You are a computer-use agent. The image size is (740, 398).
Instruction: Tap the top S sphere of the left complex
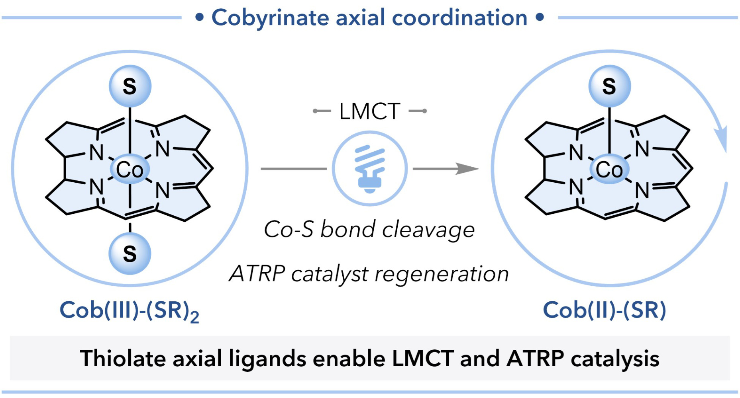pos(130,86)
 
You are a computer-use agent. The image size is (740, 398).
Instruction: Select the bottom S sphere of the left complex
pos(130,254)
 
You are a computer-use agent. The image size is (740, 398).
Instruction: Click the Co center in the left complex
pos(130,169)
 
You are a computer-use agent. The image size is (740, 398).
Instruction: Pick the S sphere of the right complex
pos(609,86)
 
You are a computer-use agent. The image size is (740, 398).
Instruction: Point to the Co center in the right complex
pos(609,169)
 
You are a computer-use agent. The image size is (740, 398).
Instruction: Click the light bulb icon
pos(370,168)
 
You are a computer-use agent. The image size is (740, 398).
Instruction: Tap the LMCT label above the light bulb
pos(369,111)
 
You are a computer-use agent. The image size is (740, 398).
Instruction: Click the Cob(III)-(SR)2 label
pos(129,310)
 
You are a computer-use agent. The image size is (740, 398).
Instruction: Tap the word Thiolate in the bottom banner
pos(122,358)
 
